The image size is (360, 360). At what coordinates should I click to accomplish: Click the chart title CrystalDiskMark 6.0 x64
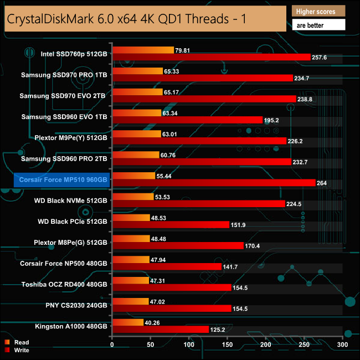[x=126, y=20]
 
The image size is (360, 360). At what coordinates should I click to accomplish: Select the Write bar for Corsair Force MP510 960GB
[x=214, y=183]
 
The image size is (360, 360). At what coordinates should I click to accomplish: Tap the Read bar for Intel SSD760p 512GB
[x=143, y=50]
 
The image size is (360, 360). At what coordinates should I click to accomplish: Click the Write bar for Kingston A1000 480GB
[x=161, y=329]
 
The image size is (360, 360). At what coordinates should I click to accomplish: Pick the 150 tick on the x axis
[x=228, y=344]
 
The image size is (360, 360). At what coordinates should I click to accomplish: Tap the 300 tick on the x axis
[x=343, y=344]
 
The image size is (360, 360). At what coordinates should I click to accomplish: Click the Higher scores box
[x=318, y=11]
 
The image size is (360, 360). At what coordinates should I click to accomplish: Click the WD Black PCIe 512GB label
[x=73, y=221]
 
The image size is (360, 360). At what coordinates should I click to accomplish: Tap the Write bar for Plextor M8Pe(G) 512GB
[x=178, y=245]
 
